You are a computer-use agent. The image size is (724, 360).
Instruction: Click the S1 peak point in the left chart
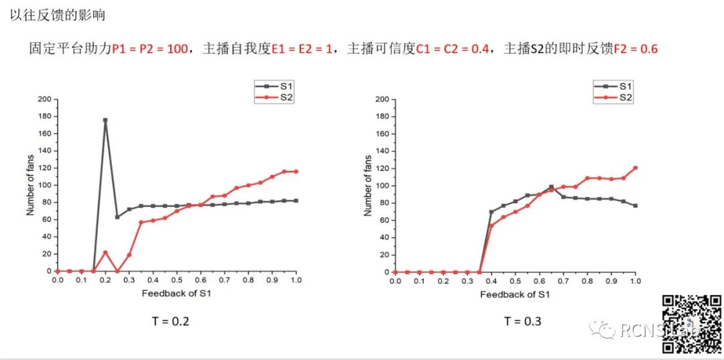[x=105, y=121]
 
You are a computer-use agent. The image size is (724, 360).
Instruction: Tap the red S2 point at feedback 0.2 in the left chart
[x=105, y=252]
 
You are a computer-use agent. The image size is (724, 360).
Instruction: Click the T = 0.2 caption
[x=170, y=321]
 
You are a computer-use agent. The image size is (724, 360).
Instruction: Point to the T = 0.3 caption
[x=522, y=321]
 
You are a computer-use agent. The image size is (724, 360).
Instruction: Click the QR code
[x=692, y=324]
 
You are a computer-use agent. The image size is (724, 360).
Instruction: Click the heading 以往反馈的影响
[x=57, y=15]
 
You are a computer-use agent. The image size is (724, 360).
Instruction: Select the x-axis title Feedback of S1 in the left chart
[x=178, y=294]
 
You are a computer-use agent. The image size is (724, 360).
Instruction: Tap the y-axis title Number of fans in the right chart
[x=368, y=186]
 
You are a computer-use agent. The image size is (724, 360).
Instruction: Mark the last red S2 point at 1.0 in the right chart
[x=635, y=168]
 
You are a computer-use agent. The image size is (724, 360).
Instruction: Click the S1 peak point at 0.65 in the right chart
[x=551, y=187]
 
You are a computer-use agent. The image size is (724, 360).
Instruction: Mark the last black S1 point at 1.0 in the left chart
[x=296, y=200]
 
